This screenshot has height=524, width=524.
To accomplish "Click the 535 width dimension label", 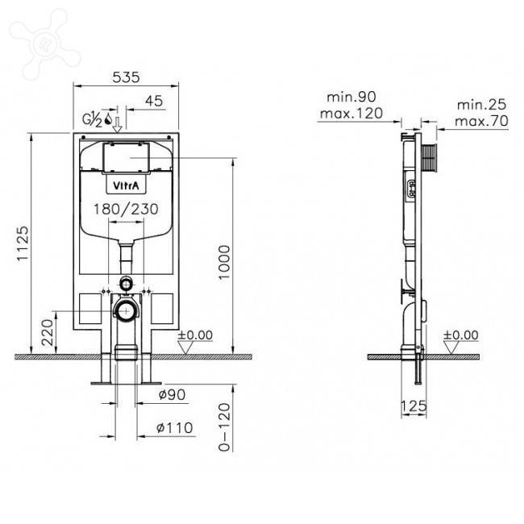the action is (126, 77).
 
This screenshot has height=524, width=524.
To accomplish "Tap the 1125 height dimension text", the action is (23, 243).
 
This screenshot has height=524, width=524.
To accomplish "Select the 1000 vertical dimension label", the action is (224, 262).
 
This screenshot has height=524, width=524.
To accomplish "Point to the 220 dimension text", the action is (48, 332).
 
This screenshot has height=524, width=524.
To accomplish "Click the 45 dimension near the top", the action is (154, 101).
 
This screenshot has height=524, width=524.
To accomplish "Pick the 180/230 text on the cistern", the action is (126, 210).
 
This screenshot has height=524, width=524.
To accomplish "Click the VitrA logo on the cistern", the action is (126, 185).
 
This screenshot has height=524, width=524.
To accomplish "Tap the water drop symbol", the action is (108, 119).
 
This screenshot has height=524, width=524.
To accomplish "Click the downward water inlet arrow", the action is (118, 124).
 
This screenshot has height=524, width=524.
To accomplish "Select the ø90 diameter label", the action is (172, 395).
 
